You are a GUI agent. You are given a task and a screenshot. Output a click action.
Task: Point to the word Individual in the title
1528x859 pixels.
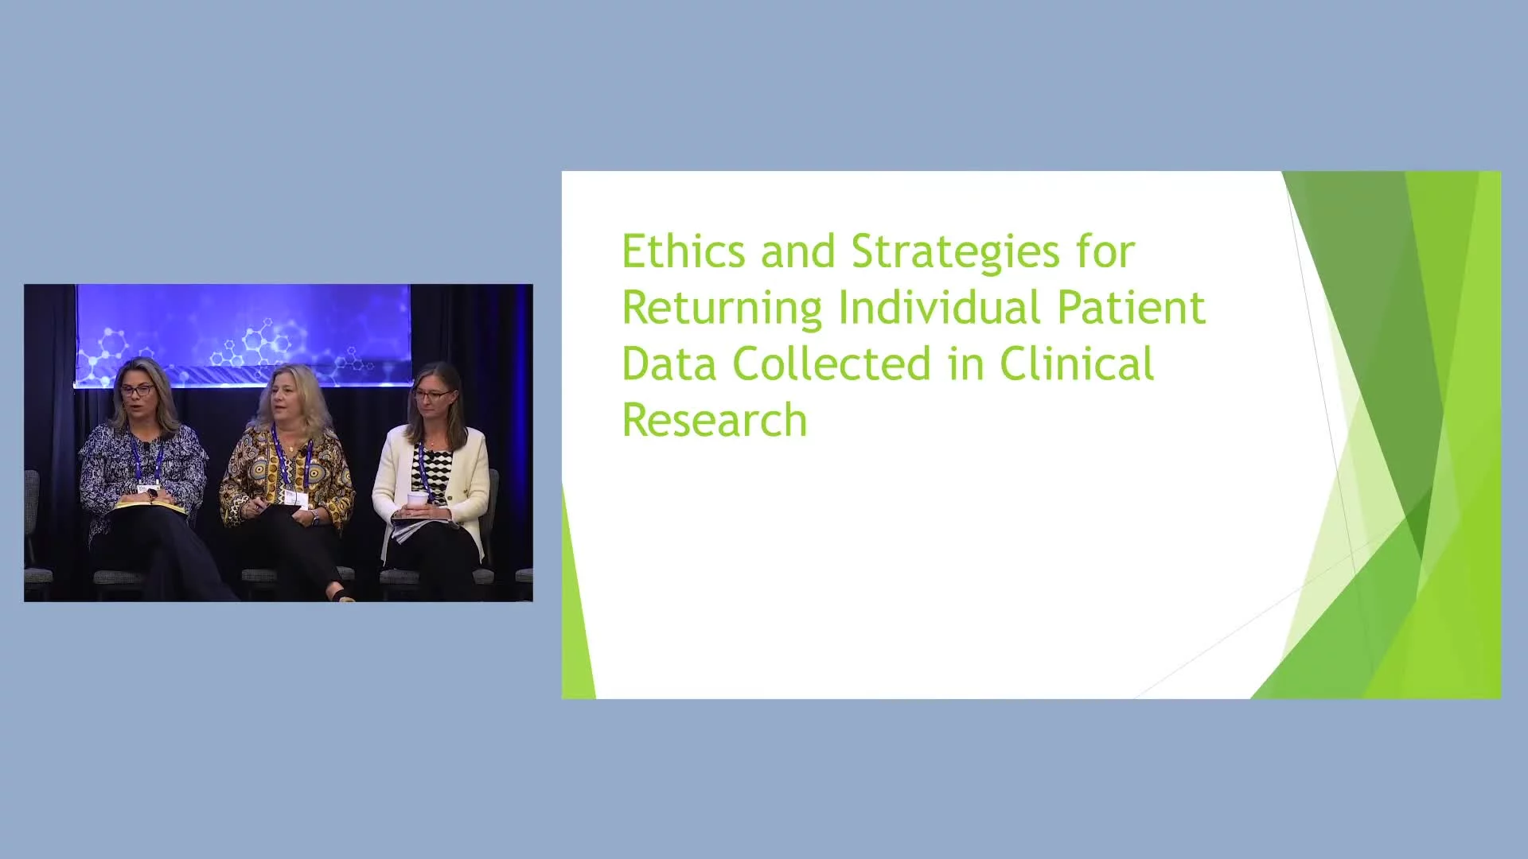[x=939, y=307]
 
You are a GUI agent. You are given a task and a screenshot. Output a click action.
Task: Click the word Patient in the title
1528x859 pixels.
[x=1131, y=307]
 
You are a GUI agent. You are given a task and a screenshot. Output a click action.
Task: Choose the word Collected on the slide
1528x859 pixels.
[x=832, y=363]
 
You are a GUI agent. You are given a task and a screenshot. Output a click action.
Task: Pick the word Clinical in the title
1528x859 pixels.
[x=1077, y=363]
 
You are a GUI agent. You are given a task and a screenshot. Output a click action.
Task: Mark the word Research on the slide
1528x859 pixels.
[x=715, y=420]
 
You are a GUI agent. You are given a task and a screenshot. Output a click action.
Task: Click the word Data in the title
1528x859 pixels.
[x=669, y=363]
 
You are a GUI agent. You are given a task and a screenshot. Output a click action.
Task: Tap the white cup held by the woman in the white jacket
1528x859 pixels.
[x=417, y=500]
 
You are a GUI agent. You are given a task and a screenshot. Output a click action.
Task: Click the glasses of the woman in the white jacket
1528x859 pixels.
[x=431, y=395]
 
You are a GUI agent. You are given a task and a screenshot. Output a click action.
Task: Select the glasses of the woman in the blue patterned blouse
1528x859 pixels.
[x=138, y=391]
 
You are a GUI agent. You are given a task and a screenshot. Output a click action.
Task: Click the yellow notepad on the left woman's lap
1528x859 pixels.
[x=151, y=505]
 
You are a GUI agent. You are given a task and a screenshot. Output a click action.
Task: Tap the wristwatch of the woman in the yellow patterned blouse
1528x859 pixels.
[x=315, y=517]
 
